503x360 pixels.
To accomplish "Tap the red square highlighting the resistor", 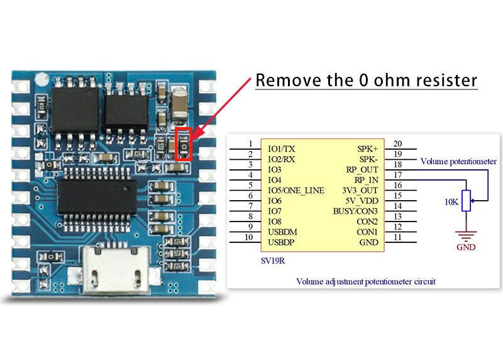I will coord(183,144).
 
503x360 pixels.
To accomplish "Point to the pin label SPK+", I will coord(367,149).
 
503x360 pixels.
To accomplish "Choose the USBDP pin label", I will coord(281,242).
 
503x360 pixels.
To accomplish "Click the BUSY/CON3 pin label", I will coord(355,211).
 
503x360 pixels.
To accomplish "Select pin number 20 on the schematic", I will coord(397,143).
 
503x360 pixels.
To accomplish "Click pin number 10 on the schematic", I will coord(248,237).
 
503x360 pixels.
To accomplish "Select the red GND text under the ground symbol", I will coord(466,247).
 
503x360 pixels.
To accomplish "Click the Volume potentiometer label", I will coord(458,161).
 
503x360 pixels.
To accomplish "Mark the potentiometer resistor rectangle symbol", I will coord(466,201).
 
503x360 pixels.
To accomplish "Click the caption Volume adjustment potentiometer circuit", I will coord(366,281).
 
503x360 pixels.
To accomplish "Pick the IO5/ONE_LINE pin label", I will coord(296,191).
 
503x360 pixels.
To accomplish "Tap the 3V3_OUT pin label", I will coord(360,191).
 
